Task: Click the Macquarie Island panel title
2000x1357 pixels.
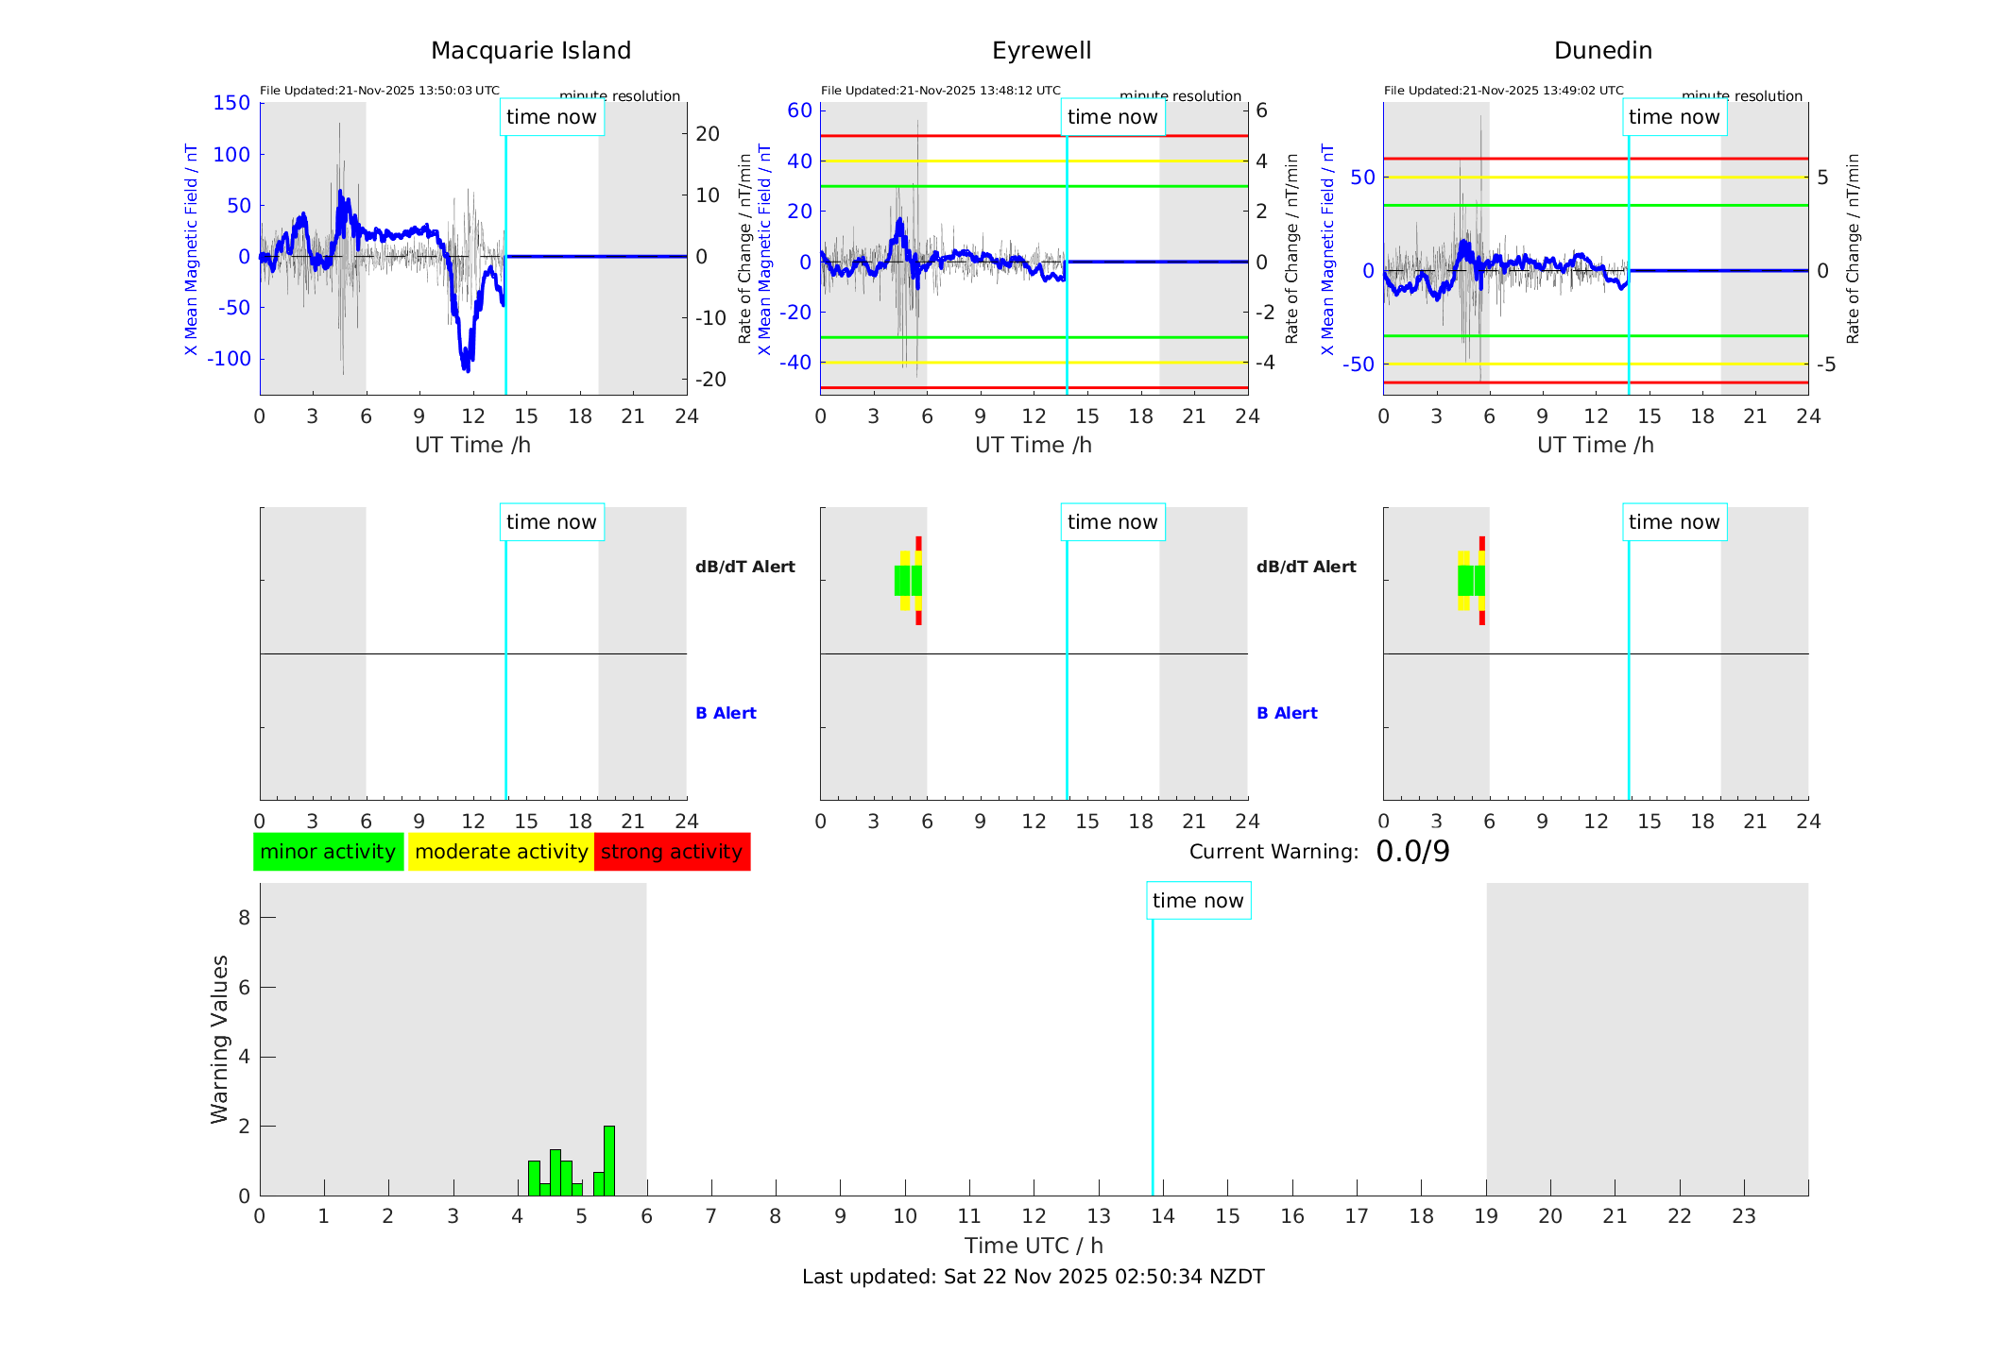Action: point(530,51)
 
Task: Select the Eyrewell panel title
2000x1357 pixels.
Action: point(1041,51)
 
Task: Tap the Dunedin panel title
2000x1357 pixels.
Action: point(1602,51)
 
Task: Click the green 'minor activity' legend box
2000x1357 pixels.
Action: point(328,852)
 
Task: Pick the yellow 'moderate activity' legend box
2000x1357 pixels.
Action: point(501,852)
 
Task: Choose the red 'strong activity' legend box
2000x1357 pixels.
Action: point(672,852)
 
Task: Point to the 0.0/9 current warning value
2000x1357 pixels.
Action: point(1412,852)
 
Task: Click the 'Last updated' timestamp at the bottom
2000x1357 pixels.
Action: point(1033,1277)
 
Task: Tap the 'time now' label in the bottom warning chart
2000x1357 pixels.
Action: point(1198,901)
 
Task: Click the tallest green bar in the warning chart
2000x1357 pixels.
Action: point(609,1161)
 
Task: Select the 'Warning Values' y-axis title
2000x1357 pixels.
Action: point(220,1039)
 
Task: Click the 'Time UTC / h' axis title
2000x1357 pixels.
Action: point(1034,1246)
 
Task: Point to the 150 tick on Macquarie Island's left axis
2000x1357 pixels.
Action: point(231,103)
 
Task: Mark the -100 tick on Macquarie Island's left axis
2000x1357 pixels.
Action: point(229,359)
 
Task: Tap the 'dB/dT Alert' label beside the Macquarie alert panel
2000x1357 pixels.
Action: point(744,567)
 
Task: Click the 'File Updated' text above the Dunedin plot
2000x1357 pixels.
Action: point(1503,91)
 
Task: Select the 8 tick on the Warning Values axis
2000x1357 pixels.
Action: point(244,917)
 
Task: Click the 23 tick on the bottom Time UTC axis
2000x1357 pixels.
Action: point(1743,1216)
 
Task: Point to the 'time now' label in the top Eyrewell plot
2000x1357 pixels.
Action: point(1112,117)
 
